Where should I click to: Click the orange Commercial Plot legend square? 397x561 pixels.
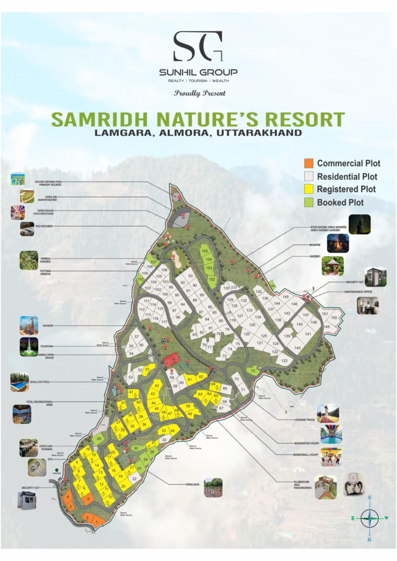309,164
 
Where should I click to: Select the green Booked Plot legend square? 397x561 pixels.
309,202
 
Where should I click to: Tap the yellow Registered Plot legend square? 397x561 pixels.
309,189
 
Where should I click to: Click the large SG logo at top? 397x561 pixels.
198,47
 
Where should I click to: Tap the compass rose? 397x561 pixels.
370,517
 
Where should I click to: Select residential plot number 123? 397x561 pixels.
284,361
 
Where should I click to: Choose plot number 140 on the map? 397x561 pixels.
297,348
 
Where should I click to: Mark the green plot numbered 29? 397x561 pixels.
99,439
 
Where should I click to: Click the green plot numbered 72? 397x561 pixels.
253,371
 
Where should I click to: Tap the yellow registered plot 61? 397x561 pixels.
190,379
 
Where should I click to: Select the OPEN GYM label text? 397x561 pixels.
191,484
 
